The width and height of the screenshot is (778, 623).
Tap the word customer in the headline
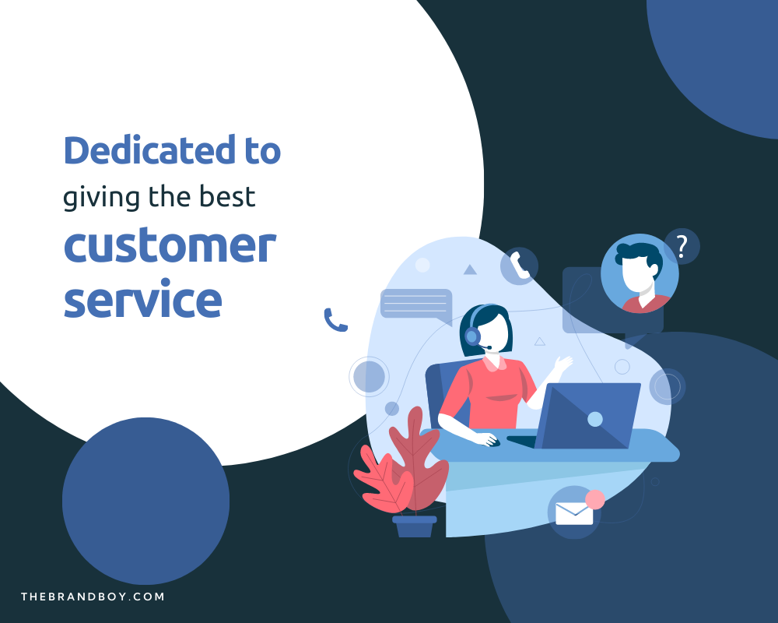coord(169,247)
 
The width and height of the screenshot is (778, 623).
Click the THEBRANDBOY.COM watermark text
coord(93,597)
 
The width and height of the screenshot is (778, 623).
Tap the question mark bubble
coord(682,247)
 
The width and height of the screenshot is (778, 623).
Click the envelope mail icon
coord(574,512)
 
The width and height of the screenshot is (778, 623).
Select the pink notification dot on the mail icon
coord(595,499)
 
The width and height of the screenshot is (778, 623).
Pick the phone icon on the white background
coord(335,320)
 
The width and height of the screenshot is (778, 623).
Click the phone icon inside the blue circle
coord(519,266)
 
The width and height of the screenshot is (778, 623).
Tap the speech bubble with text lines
coord(415,304)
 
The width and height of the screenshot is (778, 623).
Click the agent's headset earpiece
coord(471,336)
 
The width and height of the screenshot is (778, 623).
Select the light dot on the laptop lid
coord(595,419)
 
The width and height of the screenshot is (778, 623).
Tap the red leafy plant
coord(405,467)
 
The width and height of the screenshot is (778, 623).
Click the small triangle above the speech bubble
coord(470,269)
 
